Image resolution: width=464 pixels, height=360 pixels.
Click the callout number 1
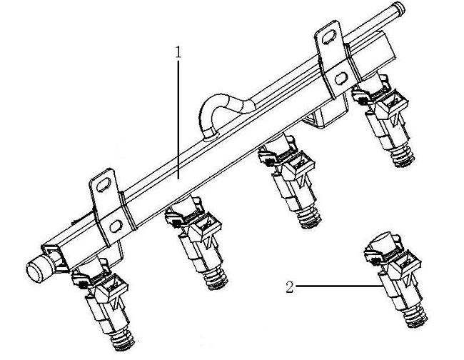[178, 52]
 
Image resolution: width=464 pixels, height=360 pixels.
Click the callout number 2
[290, 287]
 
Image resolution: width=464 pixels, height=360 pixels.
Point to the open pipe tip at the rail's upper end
[400, 7]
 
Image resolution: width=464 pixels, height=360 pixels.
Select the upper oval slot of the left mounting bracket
[102, 185]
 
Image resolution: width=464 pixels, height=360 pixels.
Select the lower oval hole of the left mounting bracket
[116, 226]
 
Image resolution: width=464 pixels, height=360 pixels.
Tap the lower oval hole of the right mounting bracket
[341, 78]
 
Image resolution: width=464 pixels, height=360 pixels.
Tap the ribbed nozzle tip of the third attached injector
[310, 218]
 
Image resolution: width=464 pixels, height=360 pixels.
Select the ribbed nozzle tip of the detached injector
[415, 316]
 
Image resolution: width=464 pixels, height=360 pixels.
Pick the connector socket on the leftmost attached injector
[111, 286]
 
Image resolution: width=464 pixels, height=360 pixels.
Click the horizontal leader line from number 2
[338, 286]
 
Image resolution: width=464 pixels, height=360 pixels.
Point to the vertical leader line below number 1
[178, 119]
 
